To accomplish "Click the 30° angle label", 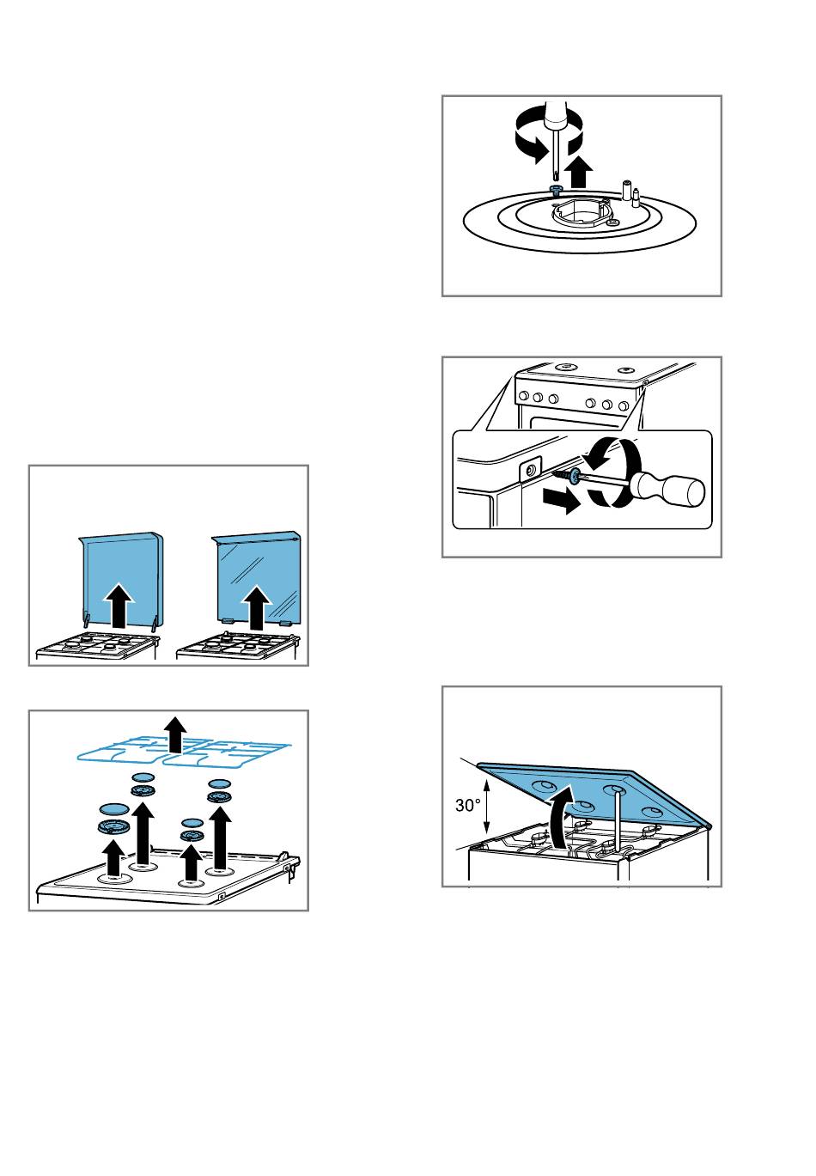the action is [x=468, y=805].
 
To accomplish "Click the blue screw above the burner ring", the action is [x=555, y=188].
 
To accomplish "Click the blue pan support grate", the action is [x=184, y=752].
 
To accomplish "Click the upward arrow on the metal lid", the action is [x=120, y=605].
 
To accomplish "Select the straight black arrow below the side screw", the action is [x=562, y=500].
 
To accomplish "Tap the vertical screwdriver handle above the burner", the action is [x=555, y=114].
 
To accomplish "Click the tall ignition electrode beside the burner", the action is [x=625, y=190].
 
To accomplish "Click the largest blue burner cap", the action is [x=114, y=808].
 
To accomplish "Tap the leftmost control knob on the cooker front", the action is [x=523, y=396].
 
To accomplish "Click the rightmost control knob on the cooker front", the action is [x=624, y=405].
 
